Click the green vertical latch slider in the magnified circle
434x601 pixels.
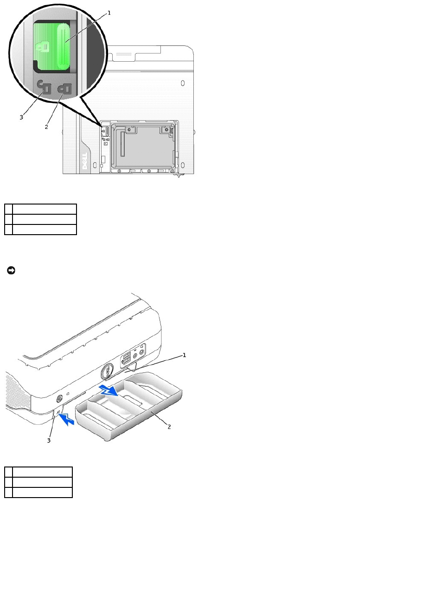(x=62, y=47)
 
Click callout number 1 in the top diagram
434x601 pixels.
(x=109, y=13)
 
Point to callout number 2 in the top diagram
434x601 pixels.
(x=46, y=127)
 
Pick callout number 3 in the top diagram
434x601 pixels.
(x=21, y=117)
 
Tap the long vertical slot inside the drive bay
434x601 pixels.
(x=123, y=143)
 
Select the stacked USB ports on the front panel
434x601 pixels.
(x=127, y=359)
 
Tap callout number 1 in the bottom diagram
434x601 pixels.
(x=184, y=355)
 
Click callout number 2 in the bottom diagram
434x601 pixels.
(x=169, y=427)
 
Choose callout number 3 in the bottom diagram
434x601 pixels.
(x=49, y=441)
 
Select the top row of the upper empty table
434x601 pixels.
(x=40, y=209)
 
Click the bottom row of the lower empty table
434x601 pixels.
(x=38, y=492)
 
